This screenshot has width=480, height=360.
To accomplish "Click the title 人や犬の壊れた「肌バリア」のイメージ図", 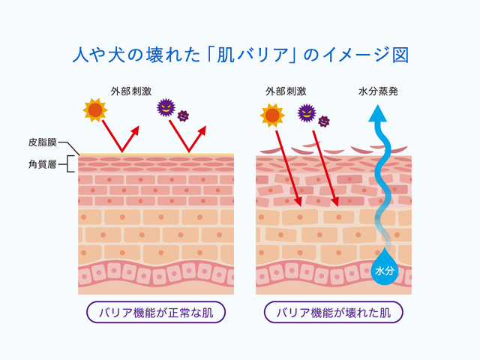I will [x=240, y=54].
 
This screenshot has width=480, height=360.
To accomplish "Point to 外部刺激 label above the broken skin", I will [x=286, y=92].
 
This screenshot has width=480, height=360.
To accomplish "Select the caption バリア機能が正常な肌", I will [x=156, y=312].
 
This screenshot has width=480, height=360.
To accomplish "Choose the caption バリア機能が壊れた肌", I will [x=334, y=312].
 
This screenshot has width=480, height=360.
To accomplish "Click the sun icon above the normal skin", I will [x=95, y=110].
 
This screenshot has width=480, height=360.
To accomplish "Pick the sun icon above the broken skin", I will [x=272, y=115].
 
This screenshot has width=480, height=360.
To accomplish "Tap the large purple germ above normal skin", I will [x=165, y=107].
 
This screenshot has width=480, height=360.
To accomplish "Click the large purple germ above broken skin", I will [x=307, y=113].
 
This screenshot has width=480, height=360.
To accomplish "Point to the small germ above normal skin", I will [x=182, y=115].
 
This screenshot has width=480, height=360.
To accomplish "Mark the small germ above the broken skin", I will [x=324, y=121].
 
